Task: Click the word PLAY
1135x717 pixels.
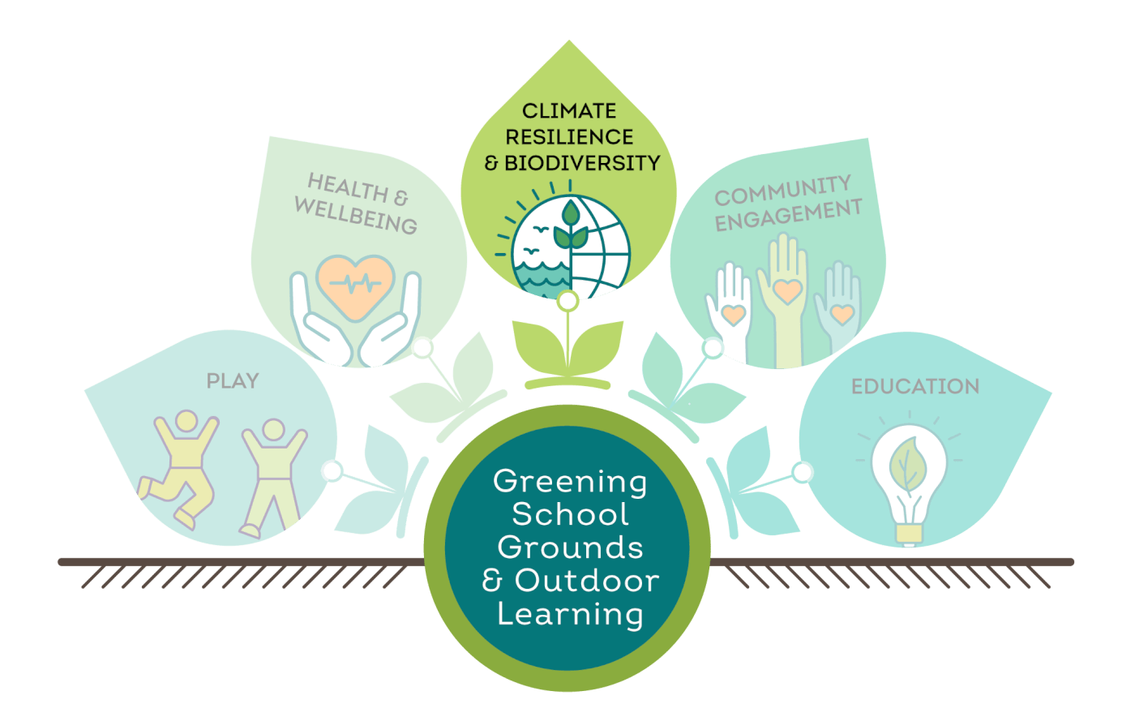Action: click(233, 381)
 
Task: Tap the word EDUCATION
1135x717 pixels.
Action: click(915, 386)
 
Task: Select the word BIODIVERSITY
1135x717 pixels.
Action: click(582, 163)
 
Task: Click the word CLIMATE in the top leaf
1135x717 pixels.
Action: click(569, 111)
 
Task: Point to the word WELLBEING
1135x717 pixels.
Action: click(356, 216)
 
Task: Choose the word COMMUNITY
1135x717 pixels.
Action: click(783, 191)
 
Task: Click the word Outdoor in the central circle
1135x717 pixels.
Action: click(587, 581)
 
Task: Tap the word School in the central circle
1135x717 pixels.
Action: click(570, 515)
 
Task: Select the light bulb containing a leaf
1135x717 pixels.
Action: click(909, 484)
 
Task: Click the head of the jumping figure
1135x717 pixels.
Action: click(186, 422)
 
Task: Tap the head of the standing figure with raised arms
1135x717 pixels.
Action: click(274, 430)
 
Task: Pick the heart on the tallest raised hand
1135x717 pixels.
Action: click(787, 291)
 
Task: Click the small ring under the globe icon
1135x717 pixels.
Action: click(568, 301)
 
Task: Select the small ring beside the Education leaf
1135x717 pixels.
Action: click(803, 472)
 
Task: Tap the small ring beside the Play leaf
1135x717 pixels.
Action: click(332, 471)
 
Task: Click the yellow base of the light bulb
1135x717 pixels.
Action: click(909, 534)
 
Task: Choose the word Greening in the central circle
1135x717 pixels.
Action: click(570, 483)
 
